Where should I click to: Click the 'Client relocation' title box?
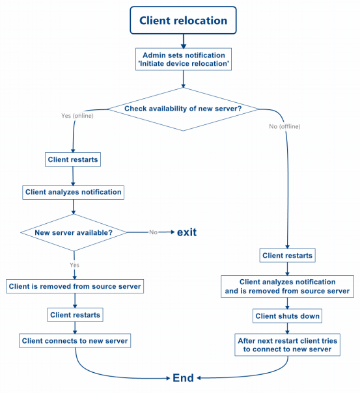tap(184, 21)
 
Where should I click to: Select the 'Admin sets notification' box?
tap(184, 59)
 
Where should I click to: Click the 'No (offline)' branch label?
tap(284, 126)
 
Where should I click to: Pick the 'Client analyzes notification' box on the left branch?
tap(73, 192)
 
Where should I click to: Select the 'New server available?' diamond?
tap(73, 232)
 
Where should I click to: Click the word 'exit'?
tap(186, 232)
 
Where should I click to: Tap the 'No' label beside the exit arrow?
tap(154, 232)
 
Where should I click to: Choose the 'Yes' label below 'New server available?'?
tap(74, 265)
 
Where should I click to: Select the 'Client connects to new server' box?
tap(75, 340)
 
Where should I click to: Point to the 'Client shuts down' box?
tap(287, 316)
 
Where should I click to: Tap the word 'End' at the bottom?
tap(183, 378)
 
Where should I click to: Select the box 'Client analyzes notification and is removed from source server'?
tap(288, 287)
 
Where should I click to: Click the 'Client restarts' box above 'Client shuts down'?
tap(287, 256)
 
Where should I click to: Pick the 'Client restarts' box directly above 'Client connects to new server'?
tap(75, 314)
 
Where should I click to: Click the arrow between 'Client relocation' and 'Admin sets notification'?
tap(184, 40)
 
